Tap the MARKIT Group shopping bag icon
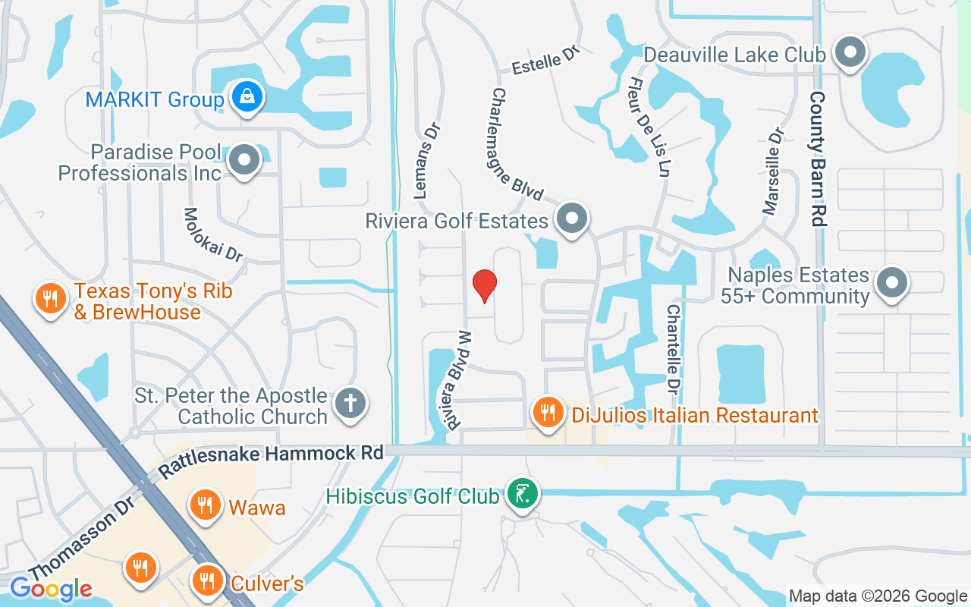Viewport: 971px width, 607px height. [x=247, y=97]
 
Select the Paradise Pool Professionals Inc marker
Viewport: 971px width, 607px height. [x=244, y=161]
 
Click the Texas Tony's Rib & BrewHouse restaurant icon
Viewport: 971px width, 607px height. [x=51, y=298]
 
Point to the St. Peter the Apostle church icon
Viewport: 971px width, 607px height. [x=350, y=402]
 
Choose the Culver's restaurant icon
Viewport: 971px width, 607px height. [x=206, y=581]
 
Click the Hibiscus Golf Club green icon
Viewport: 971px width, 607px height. [x=521, y=494]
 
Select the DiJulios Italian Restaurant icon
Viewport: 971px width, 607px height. [x=547, y=413]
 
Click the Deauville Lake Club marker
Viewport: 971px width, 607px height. [x=850, y=53]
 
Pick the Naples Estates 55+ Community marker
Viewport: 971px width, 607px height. [x=892, y=284]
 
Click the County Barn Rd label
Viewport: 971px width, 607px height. [x=818, y=159]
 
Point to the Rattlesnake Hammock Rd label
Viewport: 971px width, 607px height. [x=271, y=454]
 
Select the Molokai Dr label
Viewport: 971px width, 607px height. [x=212, y=234]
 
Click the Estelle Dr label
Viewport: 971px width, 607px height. [x=545, y=62]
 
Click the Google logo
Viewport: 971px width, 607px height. [x=51, y=589]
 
